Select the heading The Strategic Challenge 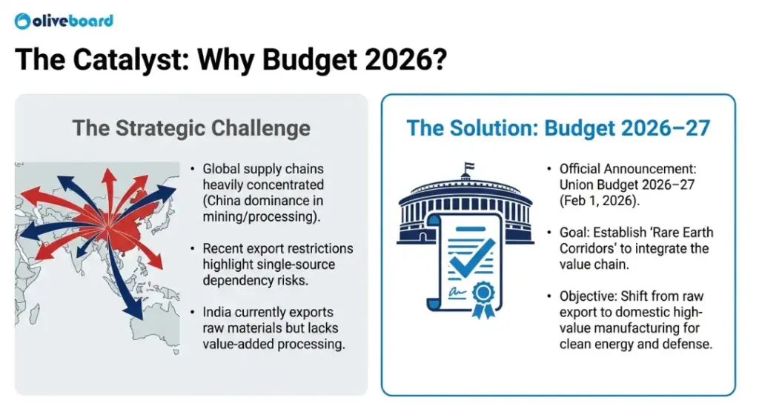click(x=191, y=127)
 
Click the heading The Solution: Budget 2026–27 click(x=558, y=127)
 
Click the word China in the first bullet click(x=235, y=201)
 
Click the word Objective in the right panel click(x=587, y=296)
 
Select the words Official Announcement click(x=624, y=168)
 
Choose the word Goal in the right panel click(x=574, y=232)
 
